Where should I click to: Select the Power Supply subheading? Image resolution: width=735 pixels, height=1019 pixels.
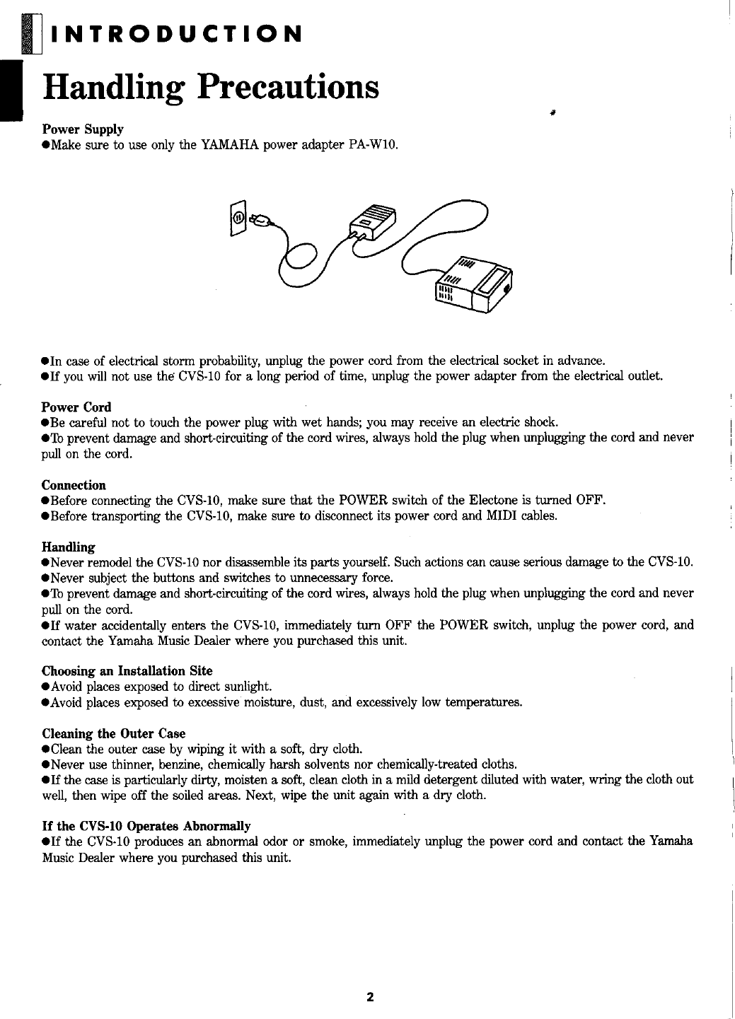83,129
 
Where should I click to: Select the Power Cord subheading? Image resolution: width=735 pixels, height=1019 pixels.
76,407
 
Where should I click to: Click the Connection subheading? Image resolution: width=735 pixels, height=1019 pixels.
74,485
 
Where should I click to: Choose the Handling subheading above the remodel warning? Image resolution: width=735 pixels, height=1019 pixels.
69,547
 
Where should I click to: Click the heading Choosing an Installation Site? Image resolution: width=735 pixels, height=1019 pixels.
127,670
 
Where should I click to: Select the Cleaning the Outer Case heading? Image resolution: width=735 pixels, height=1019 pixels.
114,733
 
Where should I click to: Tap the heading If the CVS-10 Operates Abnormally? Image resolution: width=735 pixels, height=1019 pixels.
147,826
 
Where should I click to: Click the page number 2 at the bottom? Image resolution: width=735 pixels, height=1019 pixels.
369,998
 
